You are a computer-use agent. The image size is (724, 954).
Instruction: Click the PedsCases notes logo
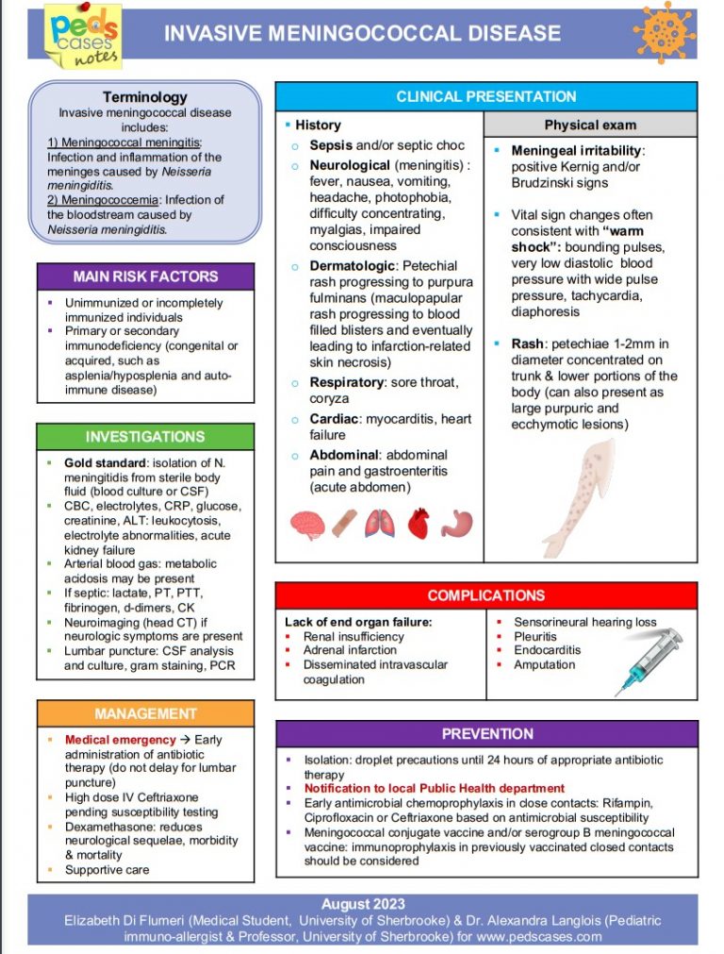click(83, 36)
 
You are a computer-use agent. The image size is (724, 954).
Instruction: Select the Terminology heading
click(144, 97)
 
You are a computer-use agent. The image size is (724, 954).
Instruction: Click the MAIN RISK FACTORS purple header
click(145, 276)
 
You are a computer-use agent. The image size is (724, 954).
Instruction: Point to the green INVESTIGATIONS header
click(145, 437)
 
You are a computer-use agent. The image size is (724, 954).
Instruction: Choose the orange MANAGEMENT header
click(145, 713)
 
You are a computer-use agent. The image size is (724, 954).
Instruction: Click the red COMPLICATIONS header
click(485, 595)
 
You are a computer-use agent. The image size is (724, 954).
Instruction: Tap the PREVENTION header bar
click(486, 734)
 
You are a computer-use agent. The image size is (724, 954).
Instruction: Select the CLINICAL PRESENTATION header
click(485, 96)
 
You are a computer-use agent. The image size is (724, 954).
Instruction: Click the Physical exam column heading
click(590, 125)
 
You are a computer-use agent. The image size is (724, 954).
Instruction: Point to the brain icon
click(307, 525)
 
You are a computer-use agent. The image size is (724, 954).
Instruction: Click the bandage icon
click(345, 525)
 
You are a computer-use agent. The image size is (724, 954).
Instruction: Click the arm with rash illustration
click(583, 495)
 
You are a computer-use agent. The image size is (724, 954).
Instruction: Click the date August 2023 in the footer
click(362, 904)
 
